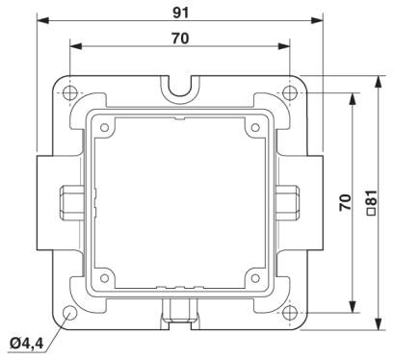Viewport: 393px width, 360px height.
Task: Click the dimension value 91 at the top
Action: click(181, 13)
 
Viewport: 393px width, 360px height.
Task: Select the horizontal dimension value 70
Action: click(180, 39)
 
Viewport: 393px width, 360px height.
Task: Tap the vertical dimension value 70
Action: click(345, 202)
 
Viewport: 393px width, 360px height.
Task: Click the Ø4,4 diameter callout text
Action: click(26, 344)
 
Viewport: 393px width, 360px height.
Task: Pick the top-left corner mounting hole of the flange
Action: click(70, 93)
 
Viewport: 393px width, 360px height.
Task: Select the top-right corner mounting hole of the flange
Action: click(290, 93)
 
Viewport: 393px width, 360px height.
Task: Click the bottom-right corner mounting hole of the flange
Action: click(290, 312)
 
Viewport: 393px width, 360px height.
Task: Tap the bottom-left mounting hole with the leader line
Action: click(69, 313)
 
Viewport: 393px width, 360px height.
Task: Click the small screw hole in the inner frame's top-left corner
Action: click(105, 128)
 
